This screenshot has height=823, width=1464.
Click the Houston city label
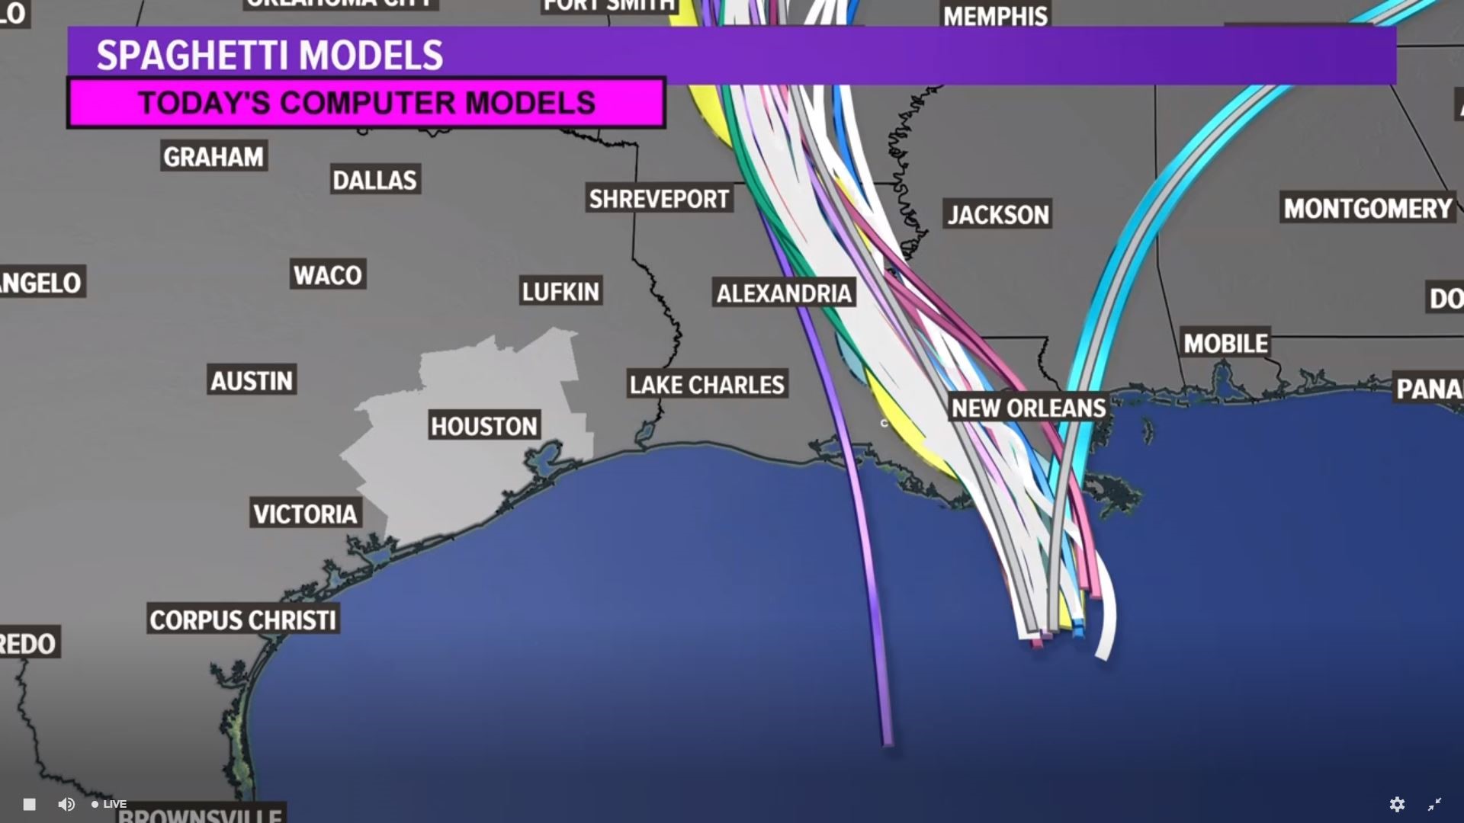click(x=484, y=425)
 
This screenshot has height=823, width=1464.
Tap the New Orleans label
click(x=1029, y=408)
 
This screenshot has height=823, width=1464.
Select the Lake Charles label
click(x=707, y=385)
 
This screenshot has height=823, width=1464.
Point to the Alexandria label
click(x=784, y=293)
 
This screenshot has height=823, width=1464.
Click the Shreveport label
click(x=659, y=199)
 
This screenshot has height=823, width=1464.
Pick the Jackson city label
click(x=998, y=215)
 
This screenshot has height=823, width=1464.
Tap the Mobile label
click(x=1225, y=344)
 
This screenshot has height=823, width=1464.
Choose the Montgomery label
click(x=1368, y=208)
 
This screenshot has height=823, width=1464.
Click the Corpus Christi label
click(x=242, y=620)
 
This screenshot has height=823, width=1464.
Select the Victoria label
click(x=305, y=514)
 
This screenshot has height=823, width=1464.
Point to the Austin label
click(x=252, y=380)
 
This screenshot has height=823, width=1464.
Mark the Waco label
click(x=328, y=275)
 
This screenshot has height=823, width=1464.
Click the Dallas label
click(x=375, y=180)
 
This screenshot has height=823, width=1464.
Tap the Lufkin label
click(x=561, y=291)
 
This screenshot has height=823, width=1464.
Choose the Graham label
click(x=213, y=157)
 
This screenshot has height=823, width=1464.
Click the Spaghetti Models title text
click(x=269, y=56)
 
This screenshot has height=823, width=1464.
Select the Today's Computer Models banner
click(x=366, y=103)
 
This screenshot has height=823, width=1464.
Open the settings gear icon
click(x=1397, y=804)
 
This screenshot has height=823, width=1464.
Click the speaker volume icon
click(x=66, y=804)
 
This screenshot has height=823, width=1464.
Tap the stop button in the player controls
click(x=29, y=804)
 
